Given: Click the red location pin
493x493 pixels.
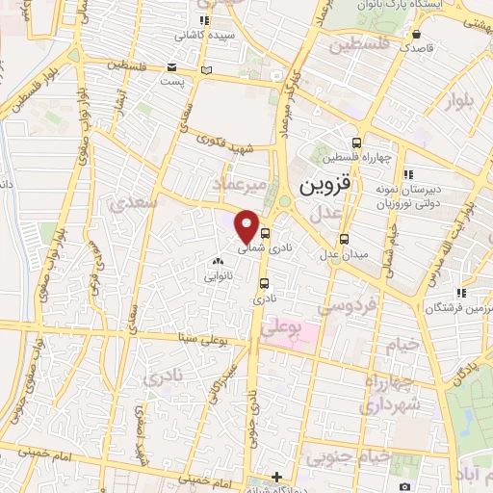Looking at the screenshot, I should pyautogui.click(x=246, y=225).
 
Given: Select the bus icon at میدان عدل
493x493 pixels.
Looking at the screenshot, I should pyautogui.click(x=344, y=240).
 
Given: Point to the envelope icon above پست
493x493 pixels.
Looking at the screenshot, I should pyautogui.click(x=172, y=67).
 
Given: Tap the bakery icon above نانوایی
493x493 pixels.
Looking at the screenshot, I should pyautogui.click(x=217, y=261).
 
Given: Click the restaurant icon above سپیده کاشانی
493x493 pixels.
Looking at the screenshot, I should pyautogui.click(x=203, y=19).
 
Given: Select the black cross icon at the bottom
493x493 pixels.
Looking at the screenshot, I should pyautogui.click(x=276, y=477).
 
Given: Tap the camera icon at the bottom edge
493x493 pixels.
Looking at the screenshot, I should pyautogui.click(x=404, y=486).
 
